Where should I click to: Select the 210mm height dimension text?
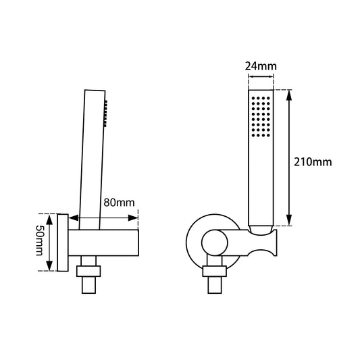pos(313,162)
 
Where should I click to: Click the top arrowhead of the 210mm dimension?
pos(290,94)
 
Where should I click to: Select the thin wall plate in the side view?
pos(63,243)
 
